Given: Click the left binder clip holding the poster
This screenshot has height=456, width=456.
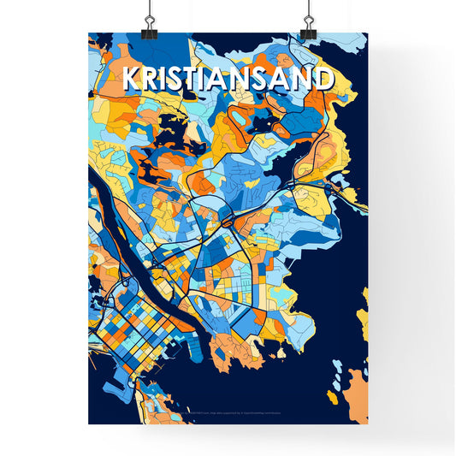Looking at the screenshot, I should click(150, 25).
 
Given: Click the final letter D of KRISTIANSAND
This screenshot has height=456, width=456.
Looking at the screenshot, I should click(322, 79).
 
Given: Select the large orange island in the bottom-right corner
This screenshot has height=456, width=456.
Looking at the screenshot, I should click(354, 397).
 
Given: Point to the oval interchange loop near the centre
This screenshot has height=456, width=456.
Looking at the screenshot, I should click(228, 222).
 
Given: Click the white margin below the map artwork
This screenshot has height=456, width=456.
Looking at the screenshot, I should click(228, 436).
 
